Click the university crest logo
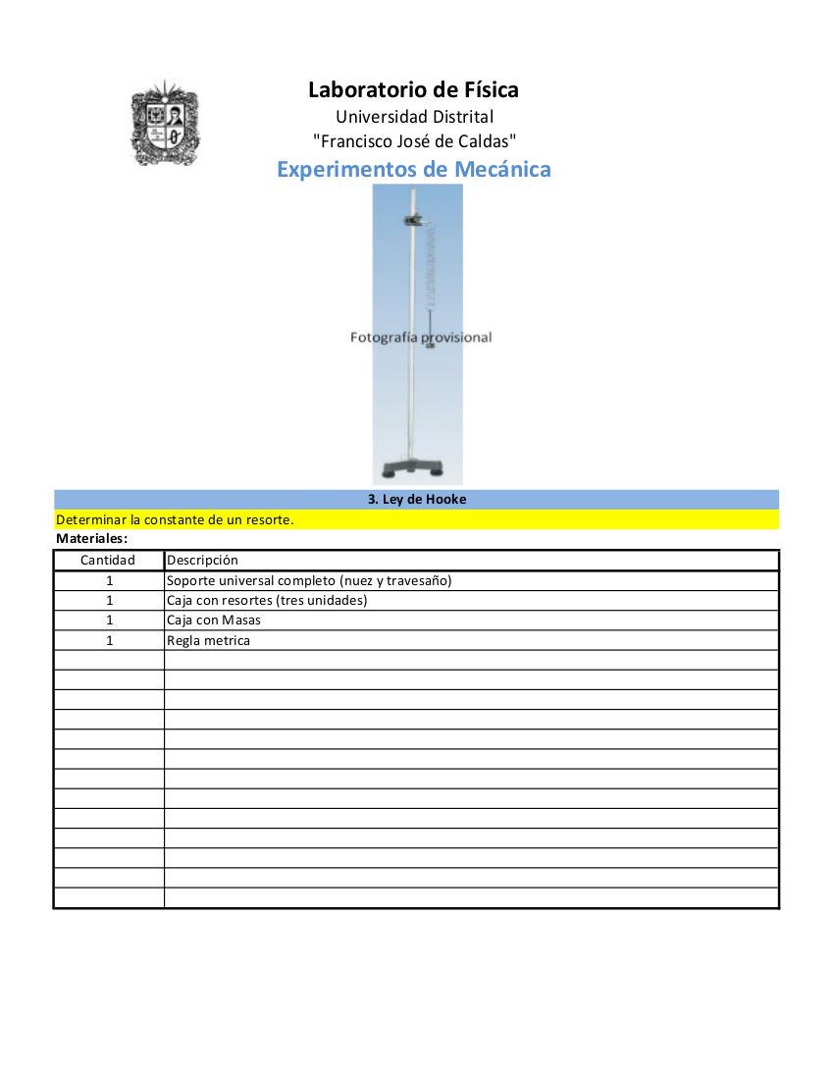[x=164, y=123]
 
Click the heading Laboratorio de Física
[x=413, y=90]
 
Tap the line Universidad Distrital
[x=414, y=118]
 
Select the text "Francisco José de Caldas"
[x=414, y=142]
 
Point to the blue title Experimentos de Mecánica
[x=413, y=169]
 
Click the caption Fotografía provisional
[x=421, y=338]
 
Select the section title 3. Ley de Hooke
[x=417, y=500]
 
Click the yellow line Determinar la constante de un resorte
[x=176, y=519]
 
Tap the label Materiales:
[x=92, y=539]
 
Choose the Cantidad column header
[x=108, y=561]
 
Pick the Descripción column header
[x=202, y=561]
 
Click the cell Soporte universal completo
[x=309, y=580]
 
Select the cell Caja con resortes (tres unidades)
[x=267, y=601]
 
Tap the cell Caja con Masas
[x=214, y=621]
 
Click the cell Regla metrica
[x=208, y=641]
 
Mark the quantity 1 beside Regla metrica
[x=110, y=641]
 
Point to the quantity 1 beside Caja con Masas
[x=110, y=621]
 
